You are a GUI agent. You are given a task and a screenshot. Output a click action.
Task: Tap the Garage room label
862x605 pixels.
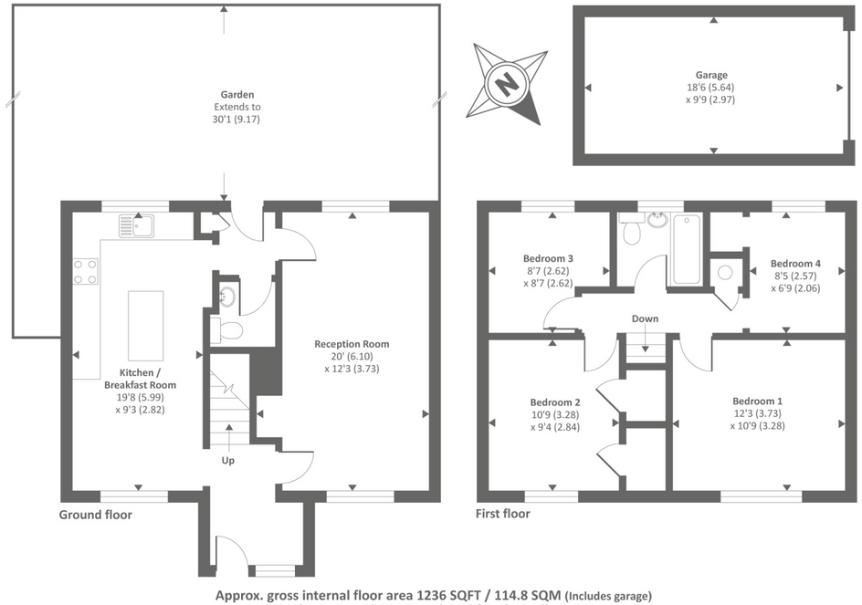pos(712,76)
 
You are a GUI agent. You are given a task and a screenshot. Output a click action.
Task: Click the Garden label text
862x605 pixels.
pos(237,94)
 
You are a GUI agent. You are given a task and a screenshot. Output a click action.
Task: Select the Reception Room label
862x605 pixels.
pos(352,344)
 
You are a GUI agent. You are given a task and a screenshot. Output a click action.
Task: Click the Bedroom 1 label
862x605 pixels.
pos(757,402)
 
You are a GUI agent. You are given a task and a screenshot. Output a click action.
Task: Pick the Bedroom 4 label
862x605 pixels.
pos(794,264)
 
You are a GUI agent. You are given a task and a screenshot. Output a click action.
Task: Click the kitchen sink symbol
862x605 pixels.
pos(138,224)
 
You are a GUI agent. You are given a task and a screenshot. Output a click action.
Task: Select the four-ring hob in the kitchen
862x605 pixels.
pos(86,271)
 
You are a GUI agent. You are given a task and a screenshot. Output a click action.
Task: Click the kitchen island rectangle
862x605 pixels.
pos(145,324)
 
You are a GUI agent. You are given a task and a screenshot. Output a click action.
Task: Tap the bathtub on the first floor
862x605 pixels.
pos(686,249)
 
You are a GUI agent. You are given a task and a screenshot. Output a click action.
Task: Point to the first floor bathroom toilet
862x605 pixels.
pos(630,234)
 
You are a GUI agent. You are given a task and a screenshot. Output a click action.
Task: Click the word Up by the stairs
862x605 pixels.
pos(228,461)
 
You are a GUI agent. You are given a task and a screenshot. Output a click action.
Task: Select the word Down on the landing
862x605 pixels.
pos(645,318)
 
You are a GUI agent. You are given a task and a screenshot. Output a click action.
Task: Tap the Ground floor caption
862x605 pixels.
pos(96,515)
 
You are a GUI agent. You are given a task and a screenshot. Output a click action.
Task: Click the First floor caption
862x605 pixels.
pos(502,514)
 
